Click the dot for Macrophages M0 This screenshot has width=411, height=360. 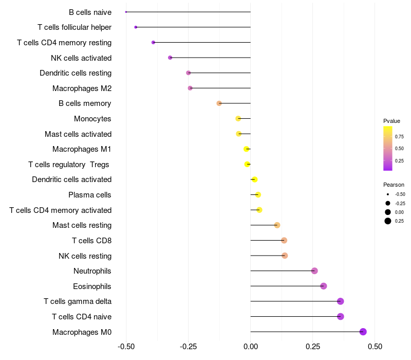click(363, 332)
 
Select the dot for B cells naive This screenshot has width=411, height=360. click(126, 12)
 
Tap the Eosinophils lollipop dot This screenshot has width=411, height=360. click(323, 286)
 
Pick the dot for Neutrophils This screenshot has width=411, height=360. click(314, 271)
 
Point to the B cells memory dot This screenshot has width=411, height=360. click(219, 103)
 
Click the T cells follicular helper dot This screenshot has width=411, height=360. click(136, 27)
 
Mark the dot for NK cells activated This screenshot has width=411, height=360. click(170, 58)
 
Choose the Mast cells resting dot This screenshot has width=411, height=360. click(277, 225)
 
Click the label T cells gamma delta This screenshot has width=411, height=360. click(78, 301)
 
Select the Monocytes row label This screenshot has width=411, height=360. click(92, 119)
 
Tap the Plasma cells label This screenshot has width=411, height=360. click(90, 195)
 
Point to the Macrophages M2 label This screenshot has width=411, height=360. click(82, 88)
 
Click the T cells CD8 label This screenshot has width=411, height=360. click(91, 241)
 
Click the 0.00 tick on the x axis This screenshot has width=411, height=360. click(250, 347)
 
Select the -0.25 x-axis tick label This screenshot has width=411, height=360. click(188, 347)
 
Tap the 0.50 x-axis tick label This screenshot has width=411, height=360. click(375, 347)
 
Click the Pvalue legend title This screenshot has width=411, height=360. click(391, 121)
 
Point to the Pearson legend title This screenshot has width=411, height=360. click(394, 185)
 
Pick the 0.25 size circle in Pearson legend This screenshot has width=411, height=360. click(387, 221)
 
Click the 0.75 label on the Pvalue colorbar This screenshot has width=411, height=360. click(399, 136)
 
